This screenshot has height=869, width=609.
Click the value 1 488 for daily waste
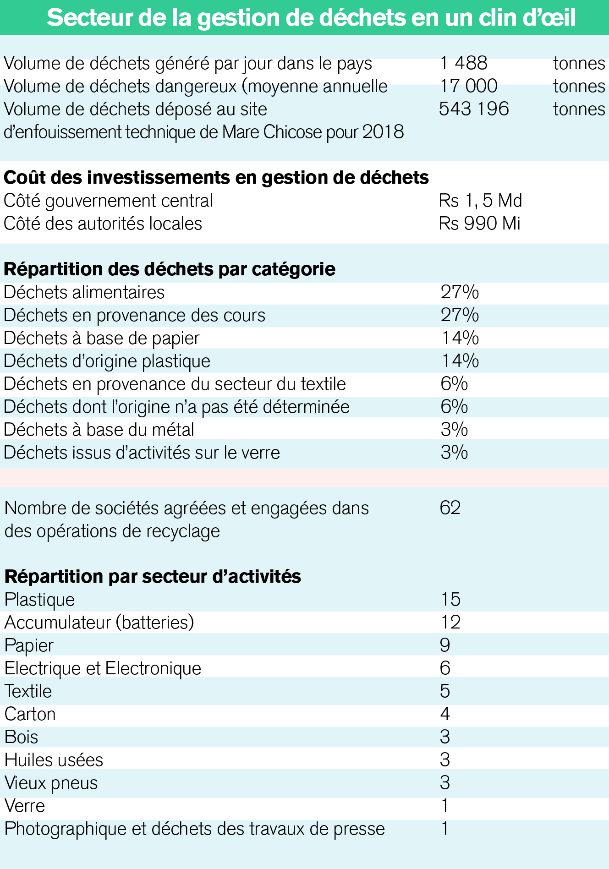[463, 63]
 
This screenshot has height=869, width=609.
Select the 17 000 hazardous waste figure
[468, 86]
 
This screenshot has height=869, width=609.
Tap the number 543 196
[474, 109]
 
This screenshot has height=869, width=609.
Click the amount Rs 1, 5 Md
[480, 201]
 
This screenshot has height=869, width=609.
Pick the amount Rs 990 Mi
[479, 224]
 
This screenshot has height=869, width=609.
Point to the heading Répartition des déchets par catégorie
[170, 269]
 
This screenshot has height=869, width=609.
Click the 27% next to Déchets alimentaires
[460, 292]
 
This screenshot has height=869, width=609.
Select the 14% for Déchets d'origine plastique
[460, 361]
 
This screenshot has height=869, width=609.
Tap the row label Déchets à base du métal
[99, 430]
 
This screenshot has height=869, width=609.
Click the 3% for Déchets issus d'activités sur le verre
[454, 453]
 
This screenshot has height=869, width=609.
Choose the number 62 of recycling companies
[450, 508]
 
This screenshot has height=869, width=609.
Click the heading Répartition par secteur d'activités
[153, 577]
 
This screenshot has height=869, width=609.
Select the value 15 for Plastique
[450, 600]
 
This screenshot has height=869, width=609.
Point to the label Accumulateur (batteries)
[99, 623]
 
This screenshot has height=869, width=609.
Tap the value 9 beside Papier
[445, 645]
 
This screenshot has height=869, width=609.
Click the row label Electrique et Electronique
[103, 668]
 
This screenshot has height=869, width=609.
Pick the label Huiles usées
[54, 760]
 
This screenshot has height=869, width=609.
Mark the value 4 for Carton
[445, 714]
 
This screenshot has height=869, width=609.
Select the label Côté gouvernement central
[108, 201]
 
